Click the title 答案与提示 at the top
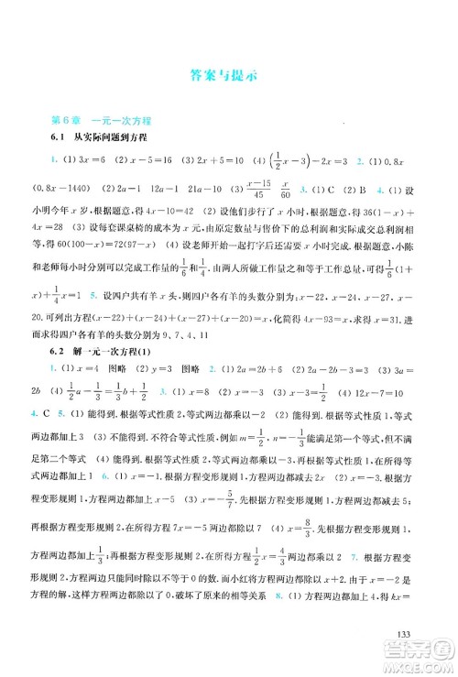pyautogui.click(x=228, y=77)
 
